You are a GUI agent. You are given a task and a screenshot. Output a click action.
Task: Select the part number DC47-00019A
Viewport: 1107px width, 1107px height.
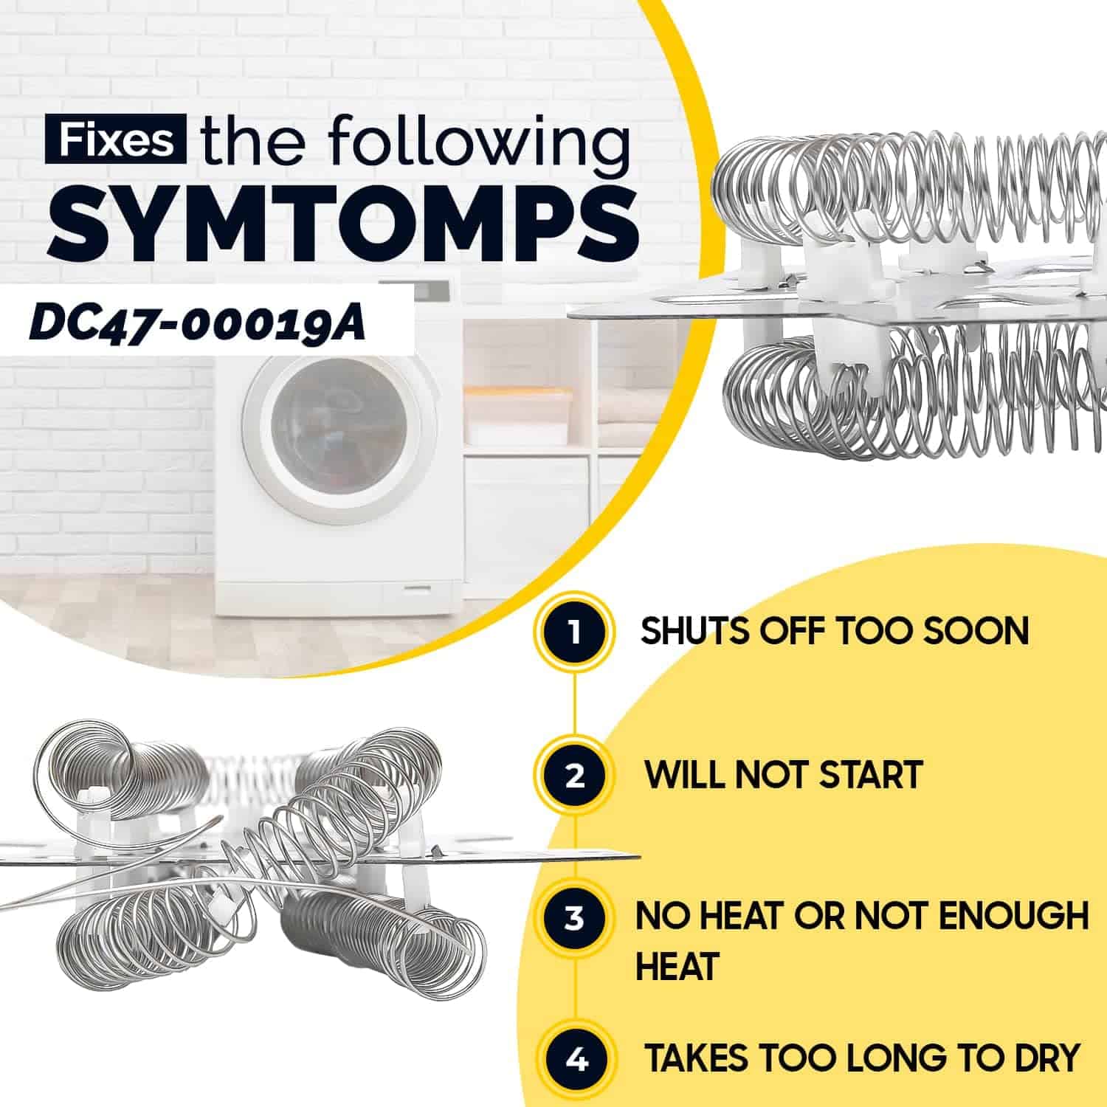coord(197,325)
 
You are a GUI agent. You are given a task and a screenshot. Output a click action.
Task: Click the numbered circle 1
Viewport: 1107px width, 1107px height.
coord(575,632)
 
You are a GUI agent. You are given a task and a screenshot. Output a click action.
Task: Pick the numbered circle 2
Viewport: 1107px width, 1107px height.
coord(575,775)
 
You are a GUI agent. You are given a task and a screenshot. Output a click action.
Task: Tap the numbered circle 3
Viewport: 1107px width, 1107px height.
coord(575,918)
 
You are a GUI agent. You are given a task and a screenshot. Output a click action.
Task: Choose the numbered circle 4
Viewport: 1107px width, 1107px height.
coord(576,1059)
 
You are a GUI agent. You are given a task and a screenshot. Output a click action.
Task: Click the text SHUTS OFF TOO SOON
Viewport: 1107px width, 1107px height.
coord(834,632)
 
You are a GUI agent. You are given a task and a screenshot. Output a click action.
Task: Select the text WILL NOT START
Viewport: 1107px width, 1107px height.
coord(784,775)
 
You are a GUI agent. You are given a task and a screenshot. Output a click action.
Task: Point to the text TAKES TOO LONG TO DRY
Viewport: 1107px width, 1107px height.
coord(862,1058)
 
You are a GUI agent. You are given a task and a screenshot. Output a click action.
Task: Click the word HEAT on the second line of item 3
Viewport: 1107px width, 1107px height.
coord(677,966)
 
